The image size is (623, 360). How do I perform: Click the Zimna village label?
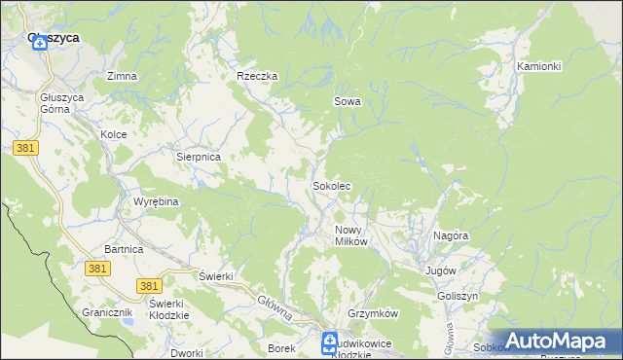click(x=122, y=76)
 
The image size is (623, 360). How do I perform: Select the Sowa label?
click(x=347, y=101)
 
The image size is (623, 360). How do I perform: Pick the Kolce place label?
click(x=114, y=134)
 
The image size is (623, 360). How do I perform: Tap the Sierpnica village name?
click(x=199, y=156)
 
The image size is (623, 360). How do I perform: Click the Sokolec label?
click(x=331, y=185)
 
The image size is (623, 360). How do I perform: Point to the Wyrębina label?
click(x=156, y=201)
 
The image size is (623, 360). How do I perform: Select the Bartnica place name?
click(x=124, y=250)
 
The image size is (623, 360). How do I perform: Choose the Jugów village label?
click(x=441, y=270)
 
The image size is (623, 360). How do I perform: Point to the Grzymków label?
click(x=374, y=314)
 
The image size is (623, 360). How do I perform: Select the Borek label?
click(x=280, y=347)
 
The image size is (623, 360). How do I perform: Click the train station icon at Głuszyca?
click(x=40, y=43)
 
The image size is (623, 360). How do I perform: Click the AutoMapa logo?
click(x=552, y=342)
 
